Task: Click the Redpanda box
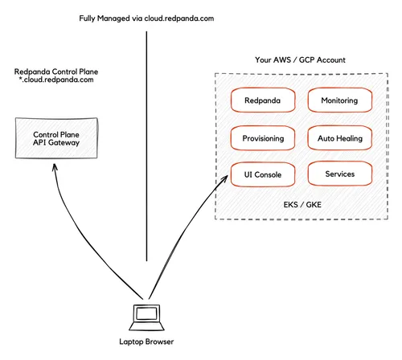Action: tap(263, 100)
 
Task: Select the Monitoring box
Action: tap(339, 100)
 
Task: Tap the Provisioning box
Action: tap(263, 138)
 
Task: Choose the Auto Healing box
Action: tap(339, 138)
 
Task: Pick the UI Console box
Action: tap(263, 174)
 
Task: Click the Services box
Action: tap(339, 174)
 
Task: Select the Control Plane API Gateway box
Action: tap(56, 138)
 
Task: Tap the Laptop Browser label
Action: tap(146, 342)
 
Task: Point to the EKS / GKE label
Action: tap(301, 204)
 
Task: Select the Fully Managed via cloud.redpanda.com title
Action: tap(147, 18)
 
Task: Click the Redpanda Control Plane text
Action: tap(56, 72)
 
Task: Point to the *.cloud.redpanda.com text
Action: tap(56, 81)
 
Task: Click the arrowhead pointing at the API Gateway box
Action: tap(54, 166)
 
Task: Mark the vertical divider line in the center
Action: tap(147, 145)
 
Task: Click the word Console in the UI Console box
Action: tap(269, 174)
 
